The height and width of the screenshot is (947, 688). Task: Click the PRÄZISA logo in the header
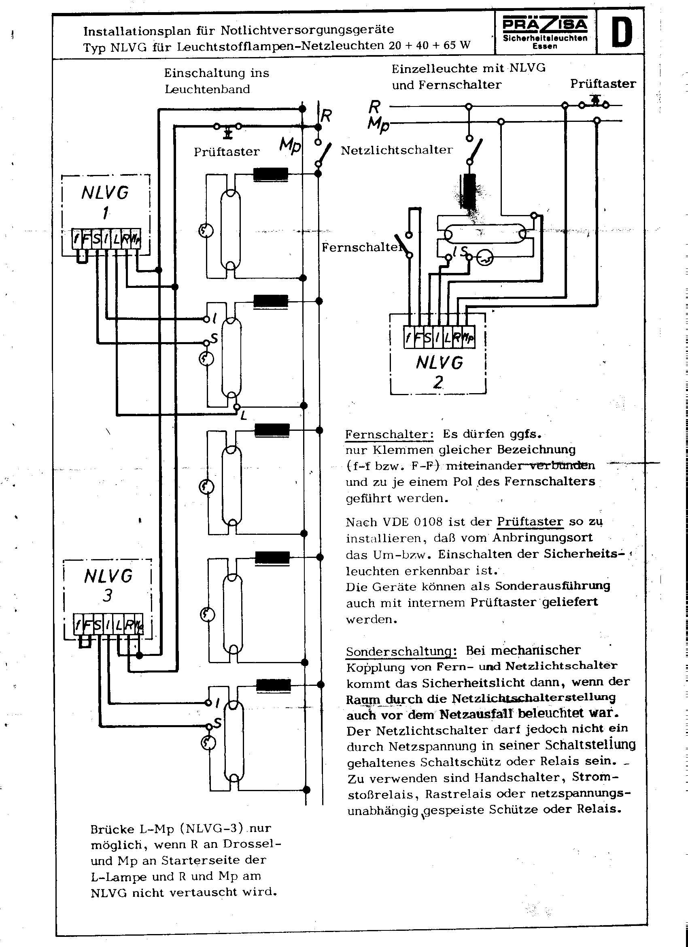pos(545,24)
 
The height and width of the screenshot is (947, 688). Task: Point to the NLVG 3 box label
pos(108,585)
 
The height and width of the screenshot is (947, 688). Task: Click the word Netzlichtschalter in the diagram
pos(397,150)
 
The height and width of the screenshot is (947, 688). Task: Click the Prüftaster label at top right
pos(603,84)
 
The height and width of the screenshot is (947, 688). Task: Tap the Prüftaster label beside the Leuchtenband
pos(226,151)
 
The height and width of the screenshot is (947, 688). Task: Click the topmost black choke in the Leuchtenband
pos(270,174)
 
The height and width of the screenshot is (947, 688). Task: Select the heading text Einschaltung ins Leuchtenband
pos(216,81)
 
